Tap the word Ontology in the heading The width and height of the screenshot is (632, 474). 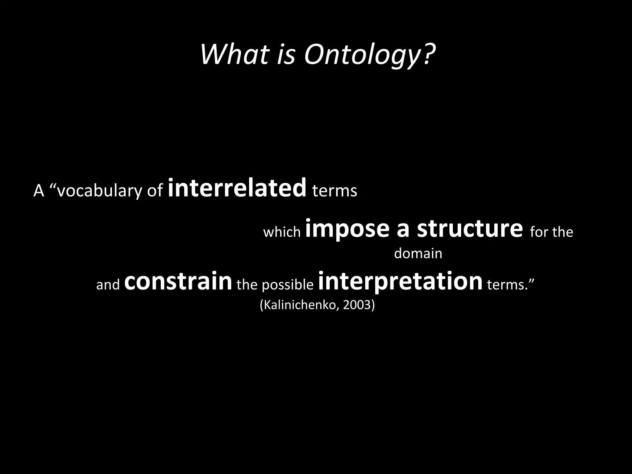pyautogui.click(x=361, y=56)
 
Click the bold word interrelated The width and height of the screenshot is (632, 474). pyautogui.click(x=237, y=188)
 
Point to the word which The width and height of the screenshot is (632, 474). pyautogui.click(x=282, y=232)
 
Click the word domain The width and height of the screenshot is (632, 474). pyautogui.click(x=418, y=253)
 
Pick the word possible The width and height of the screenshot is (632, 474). pyautogui.click(x=288, y=285)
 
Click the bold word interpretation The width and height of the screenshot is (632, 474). pyautogui.click(x=400, y=281)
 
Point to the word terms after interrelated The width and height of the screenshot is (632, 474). pyautogui.click(x=335, y=191)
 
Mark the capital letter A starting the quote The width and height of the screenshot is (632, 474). pyautogui.click(x=39, y=191)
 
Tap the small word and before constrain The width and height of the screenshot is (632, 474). pyautogui.click(x=108, y=285)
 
